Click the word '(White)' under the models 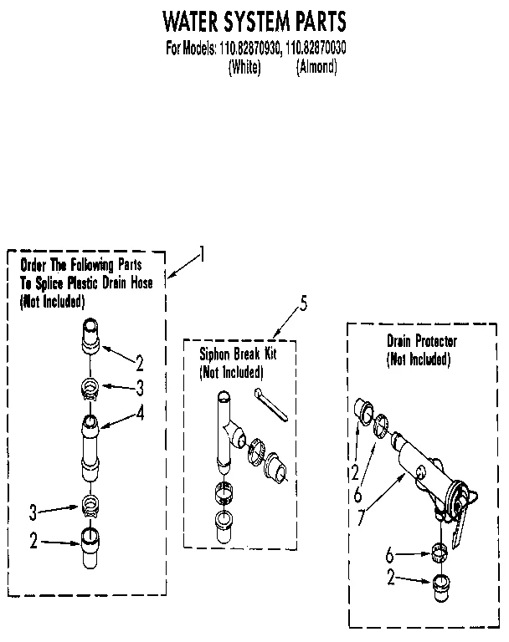click(244, 67)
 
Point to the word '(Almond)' click(316, 67)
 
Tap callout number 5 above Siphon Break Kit click(303, 304)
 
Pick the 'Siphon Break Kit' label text click(238, 354)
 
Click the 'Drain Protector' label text click(422, 341)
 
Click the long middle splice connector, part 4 click(90, 450)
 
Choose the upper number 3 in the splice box click(140, 387)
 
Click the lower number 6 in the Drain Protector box click(389, 553)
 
